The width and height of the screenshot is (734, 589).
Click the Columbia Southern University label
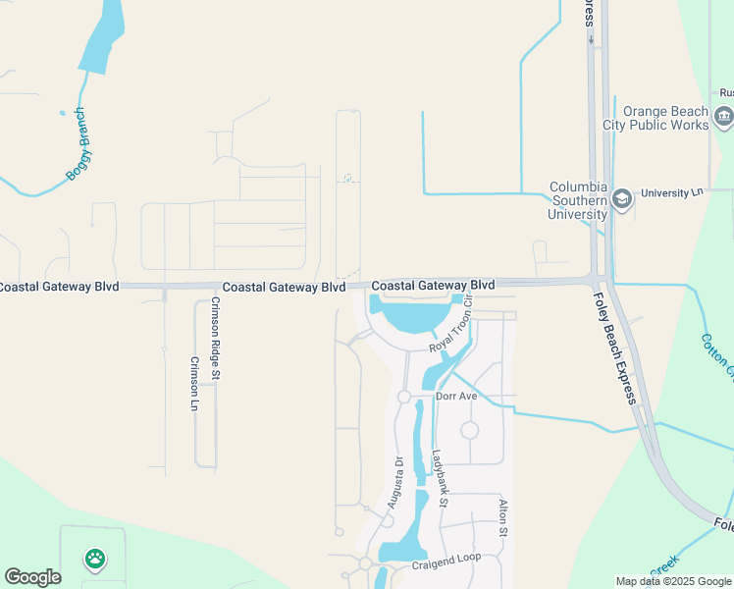577,200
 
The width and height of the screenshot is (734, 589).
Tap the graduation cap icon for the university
621,200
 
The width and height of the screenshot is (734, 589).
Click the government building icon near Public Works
724,118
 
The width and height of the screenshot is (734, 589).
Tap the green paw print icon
94,560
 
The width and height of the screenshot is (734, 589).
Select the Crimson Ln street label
193,383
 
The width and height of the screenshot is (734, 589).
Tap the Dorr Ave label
455,397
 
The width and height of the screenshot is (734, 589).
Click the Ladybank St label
441,478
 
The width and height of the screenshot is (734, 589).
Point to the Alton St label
502,517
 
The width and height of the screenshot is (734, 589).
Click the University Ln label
672,193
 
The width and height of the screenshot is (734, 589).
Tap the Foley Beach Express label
615,349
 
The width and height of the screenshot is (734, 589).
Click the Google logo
32,577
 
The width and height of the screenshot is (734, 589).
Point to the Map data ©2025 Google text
672,581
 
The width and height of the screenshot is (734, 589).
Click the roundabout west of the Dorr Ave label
403,397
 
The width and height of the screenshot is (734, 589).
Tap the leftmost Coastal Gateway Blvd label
59,287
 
